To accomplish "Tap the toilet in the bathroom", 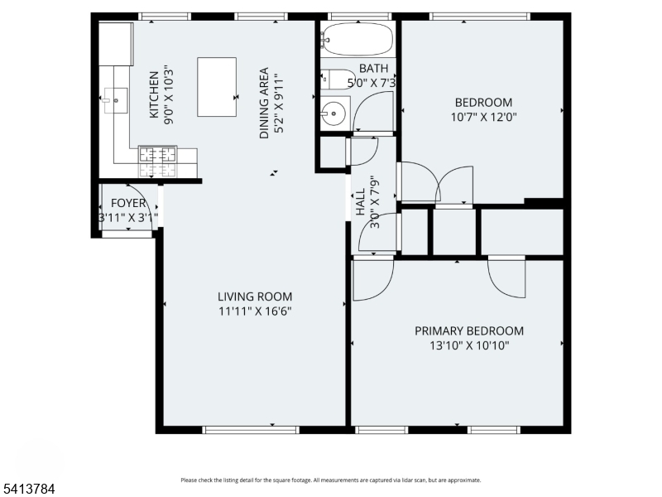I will [x=334, y=79].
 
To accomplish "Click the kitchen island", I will [x=217, y=86].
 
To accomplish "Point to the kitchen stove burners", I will [x=156, y=155].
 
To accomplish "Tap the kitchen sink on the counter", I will [x=117, y=100].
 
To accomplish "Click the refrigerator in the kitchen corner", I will [x=116, y=44].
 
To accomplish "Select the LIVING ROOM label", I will [x=254, y=297].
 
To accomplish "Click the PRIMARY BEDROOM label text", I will [x=468, y=331].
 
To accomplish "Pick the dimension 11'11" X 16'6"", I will [x=254, y=311].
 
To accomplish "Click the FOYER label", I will [x=128, y=203].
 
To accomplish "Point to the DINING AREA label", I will [x=264, y=103].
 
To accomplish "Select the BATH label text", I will [x=374, y=69].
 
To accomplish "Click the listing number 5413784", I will [x=28, y=490].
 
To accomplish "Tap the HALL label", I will [x=361, y=202].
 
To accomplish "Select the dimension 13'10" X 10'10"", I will [x=468, y=345].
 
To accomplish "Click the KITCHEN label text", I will [x=154, y=94].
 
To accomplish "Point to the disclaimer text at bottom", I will [x=330, y=480].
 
